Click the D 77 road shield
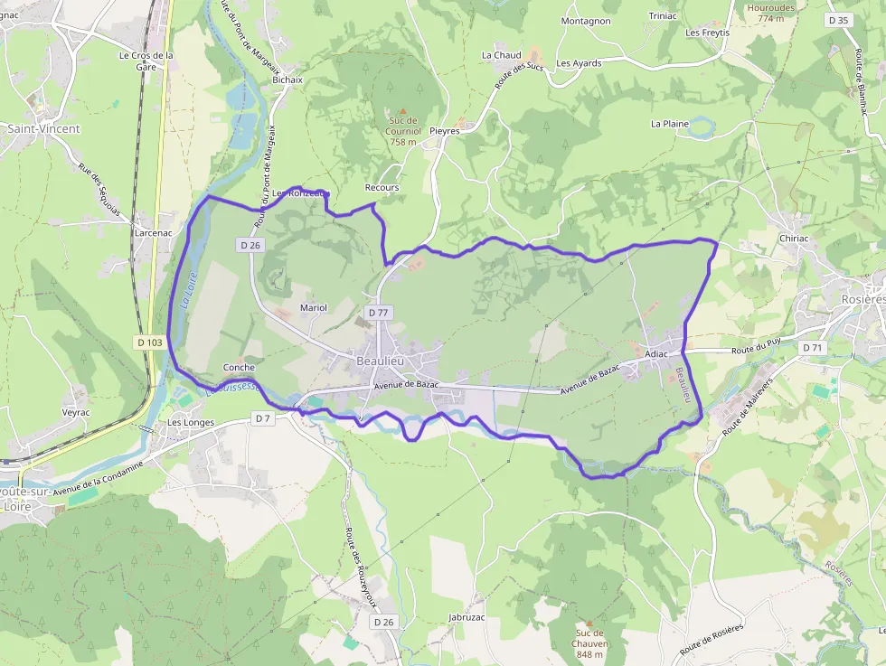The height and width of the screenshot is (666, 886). tap(378, 312)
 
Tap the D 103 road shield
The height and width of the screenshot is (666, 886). tap(151, 342)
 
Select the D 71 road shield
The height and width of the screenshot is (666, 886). tap(812, 347)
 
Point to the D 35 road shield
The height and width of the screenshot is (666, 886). tap(838, 20)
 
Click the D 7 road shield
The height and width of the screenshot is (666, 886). tap(262, 418)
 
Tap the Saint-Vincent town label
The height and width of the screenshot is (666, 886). tap(43, 129)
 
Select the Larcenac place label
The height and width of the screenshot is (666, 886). tap(153, 232)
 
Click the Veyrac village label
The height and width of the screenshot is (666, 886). tap(76, 412)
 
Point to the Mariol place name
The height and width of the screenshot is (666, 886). tap(313, 308)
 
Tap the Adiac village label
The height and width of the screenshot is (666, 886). tap(656, 353)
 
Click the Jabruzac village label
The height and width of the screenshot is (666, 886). tap(467, 617)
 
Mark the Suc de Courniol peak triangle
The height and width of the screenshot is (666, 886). tap(403, 111)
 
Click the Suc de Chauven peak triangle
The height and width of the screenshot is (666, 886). tap(589, 623)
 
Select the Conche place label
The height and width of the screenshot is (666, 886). tap(239, 368)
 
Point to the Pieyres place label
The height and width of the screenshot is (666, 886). tap(445, 131)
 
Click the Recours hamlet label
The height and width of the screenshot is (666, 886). tap(382, 188)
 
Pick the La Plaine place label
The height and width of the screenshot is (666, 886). tap(670, 124)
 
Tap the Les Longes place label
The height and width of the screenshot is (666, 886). tap(191, 422)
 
